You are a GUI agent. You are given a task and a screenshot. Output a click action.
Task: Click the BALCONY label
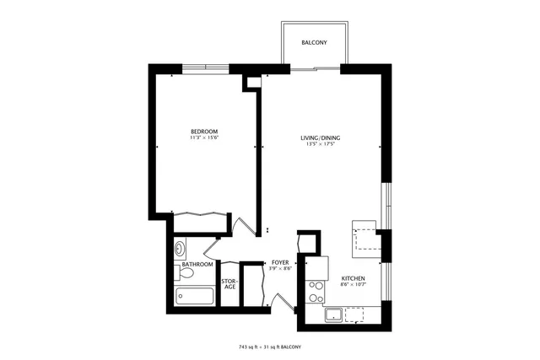[x=313, y=42]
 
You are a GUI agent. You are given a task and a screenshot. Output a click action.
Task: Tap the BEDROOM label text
[x=204, y=131]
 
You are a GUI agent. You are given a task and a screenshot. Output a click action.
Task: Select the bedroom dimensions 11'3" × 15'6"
[x=204, y=138]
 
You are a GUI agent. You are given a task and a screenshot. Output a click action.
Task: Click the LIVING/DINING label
[x=321, y=137]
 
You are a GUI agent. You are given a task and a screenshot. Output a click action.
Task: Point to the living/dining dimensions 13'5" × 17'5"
[x=321, y=144]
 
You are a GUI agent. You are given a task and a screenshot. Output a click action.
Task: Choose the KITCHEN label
[x=352, y=278]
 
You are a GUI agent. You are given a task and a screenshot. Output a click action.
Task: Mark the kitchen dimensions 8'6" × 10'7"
[x=352, y=285]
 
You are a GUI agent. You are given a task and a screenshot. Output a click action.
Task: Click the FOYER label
[x=281, y=262]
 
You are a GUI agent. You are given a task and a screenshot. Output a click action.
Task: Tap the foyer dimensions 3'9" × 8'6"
[x=281, y=269]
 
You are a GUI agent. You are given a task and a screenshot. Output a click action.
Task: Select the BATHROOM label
[x=197, y=264]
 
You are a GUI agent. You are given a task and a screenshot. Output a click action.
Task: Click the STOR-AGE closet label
[x=229, y=284]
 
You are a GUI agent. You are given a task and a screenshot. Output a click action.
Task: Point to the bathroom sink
[x=181, y=249]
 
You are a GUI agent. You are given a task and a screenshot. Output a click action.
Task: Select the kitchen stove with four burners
[x=316, y=291]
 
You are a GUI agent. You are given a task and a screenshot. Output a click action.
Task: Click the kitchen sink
[x=334, y=315]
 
